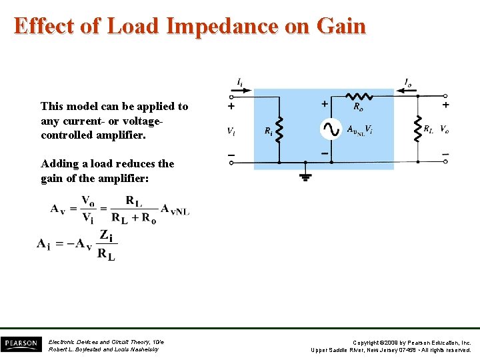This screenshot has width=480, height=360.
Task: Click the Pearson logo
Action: click(x=20, y=343)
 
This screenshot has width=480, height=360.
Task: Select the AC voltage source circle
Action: click(x=331, y=129)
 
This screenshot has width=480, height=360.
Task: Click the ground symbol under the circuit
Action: click(x=305, y=176)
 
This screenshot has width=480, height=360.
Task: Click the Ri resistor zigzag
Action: click(x=279, y=129)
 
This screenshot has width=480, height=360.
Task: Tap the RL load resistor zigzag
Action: click(x=417, y=129)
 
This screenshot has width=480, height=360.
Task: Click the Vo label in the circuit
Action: click(x=444, y=129)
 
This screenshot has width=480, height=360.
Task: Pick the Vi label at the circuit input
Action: click(x=231, y=131)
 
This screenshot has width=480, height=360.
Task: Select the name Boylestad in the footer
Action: click(x=89, y=349)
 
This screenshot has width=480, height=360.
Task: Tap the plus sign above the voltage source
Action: click(x=325, y=103)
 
